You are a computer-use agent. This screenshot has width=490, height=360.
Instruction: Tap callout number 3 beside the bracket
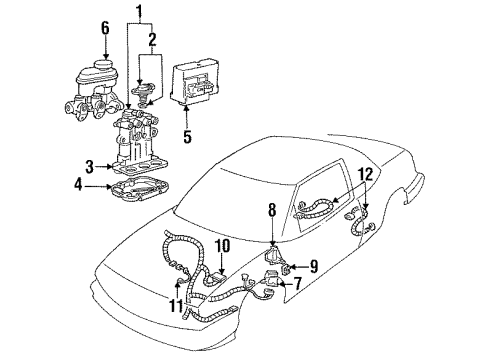pyautogui.click(x=89, y=166)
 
